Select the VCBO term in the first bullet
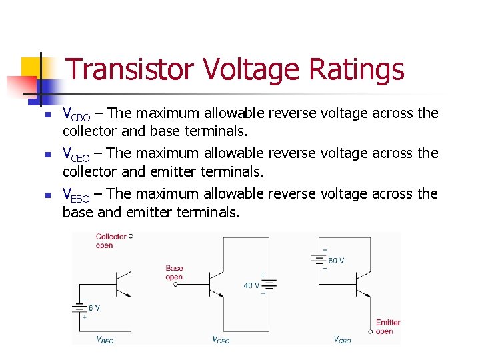76,114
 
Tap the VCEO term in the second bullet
76,154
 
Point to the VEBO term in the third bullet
76,195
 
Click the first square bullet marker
47,115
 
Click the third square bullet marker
47,195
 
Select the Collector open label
111,241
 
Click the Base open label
174,273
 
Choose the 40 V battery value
251,285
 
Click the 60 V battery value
335,260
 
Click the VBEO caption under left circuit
105,340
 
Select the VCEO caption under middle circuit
221,340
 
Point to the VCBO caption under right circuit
342,340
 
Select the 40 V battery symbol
269,285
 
